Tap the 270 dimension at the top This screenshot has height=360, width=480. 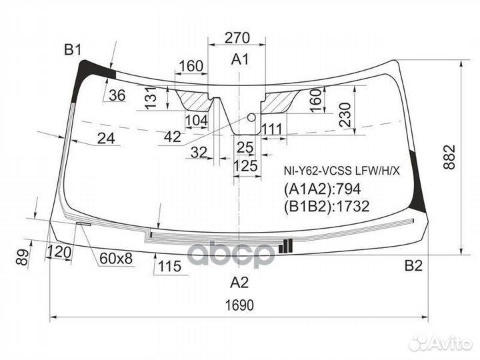tap(238, 37)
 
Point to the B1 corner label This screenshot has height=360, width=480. tap(72, 49)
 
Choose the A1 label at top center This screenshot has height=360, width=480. tap(239, 59)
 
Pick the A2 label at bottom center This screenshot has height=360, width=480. tap(239, 282)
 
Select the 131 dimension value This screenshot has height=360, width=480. tap(151, 98)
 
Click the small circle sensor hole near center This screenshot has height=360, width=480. tap(251, 117)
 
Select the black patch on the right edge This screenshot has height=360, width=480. tap(419, 193)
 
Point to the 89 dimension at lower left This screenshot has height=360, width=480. tap(23, 256)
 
